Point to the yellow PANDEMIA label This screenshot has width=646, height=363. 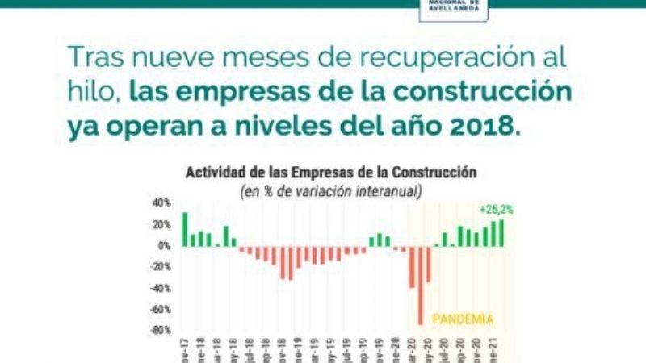(x=463, y=319)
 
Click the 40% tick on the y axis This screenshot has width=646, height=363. (x=161, y=203)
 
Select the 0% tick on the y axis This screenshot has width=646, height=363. (x=164, y=245)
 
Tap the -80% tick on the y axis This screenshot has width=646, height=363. (x=160, y=330)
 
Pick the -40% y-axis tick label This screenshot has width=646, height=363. (x=160, y=288)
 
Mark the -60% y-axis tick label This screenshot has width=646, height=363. (x=160, y=309)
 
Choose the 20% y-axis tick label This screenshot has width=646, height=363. (x=161, y=224)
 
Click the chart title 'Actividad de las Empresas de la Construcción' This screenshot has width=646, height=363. (x=331, y=173)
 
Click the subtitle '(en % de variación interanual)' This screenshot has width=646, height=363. (x=331, y=190)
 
